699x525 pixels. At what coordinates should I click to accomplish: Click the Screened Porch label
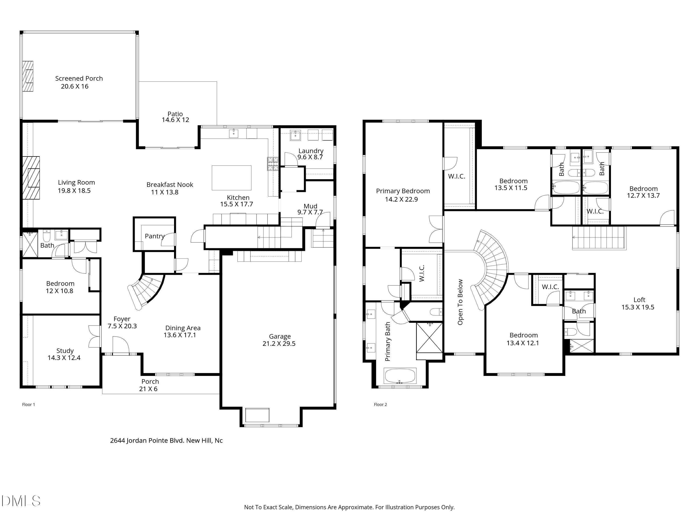[x=79, y=78]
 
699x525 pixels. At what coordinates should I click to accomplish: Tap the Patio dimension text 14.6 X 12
[x=175, y=120]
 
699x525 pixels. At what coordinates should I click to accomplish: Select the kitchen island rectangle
[x=231, y=178]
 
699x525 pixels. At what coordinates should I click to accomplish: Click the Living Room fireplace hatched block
[x=31, y=178]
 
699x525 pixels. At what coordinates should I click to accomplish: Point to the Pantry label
[x=154, y=236]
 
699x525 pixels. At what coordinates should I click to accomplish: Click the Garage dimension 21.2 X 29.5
[x=279, y=344]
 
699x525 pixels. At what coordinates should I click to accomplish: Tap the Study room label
[x=65, y=351]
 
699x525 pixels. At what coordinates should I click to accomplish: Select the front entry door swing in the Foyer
[x=121, y=346]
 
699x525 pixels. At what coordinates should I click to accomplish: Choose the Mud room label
[x=310, y=206]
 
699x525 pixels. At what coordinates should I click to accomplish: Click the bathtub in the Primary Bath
[x=400, y=376]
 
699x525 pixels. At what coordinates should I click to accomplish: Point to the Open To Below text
[x=460, y=302]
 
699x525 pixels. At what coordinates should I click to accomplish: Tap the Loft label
[x=639, y=300]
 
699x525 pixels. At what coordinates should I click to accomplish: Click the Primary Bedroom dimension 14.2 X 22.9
[x=401, y=199]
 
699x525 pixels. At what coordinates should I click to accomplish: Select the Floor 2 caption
[x=380, y=404]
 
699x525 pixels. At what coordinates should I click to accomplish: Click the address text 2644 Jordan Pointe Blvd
[x=166, y=441]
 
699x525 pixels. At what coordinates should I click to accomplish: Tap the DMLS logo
[x=21, y=501]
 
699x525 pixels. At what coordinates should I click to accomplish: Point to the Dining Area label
[x=183, y=328]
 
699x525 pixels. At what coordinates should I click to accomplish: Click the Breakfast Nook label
[x=170, y=185]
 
